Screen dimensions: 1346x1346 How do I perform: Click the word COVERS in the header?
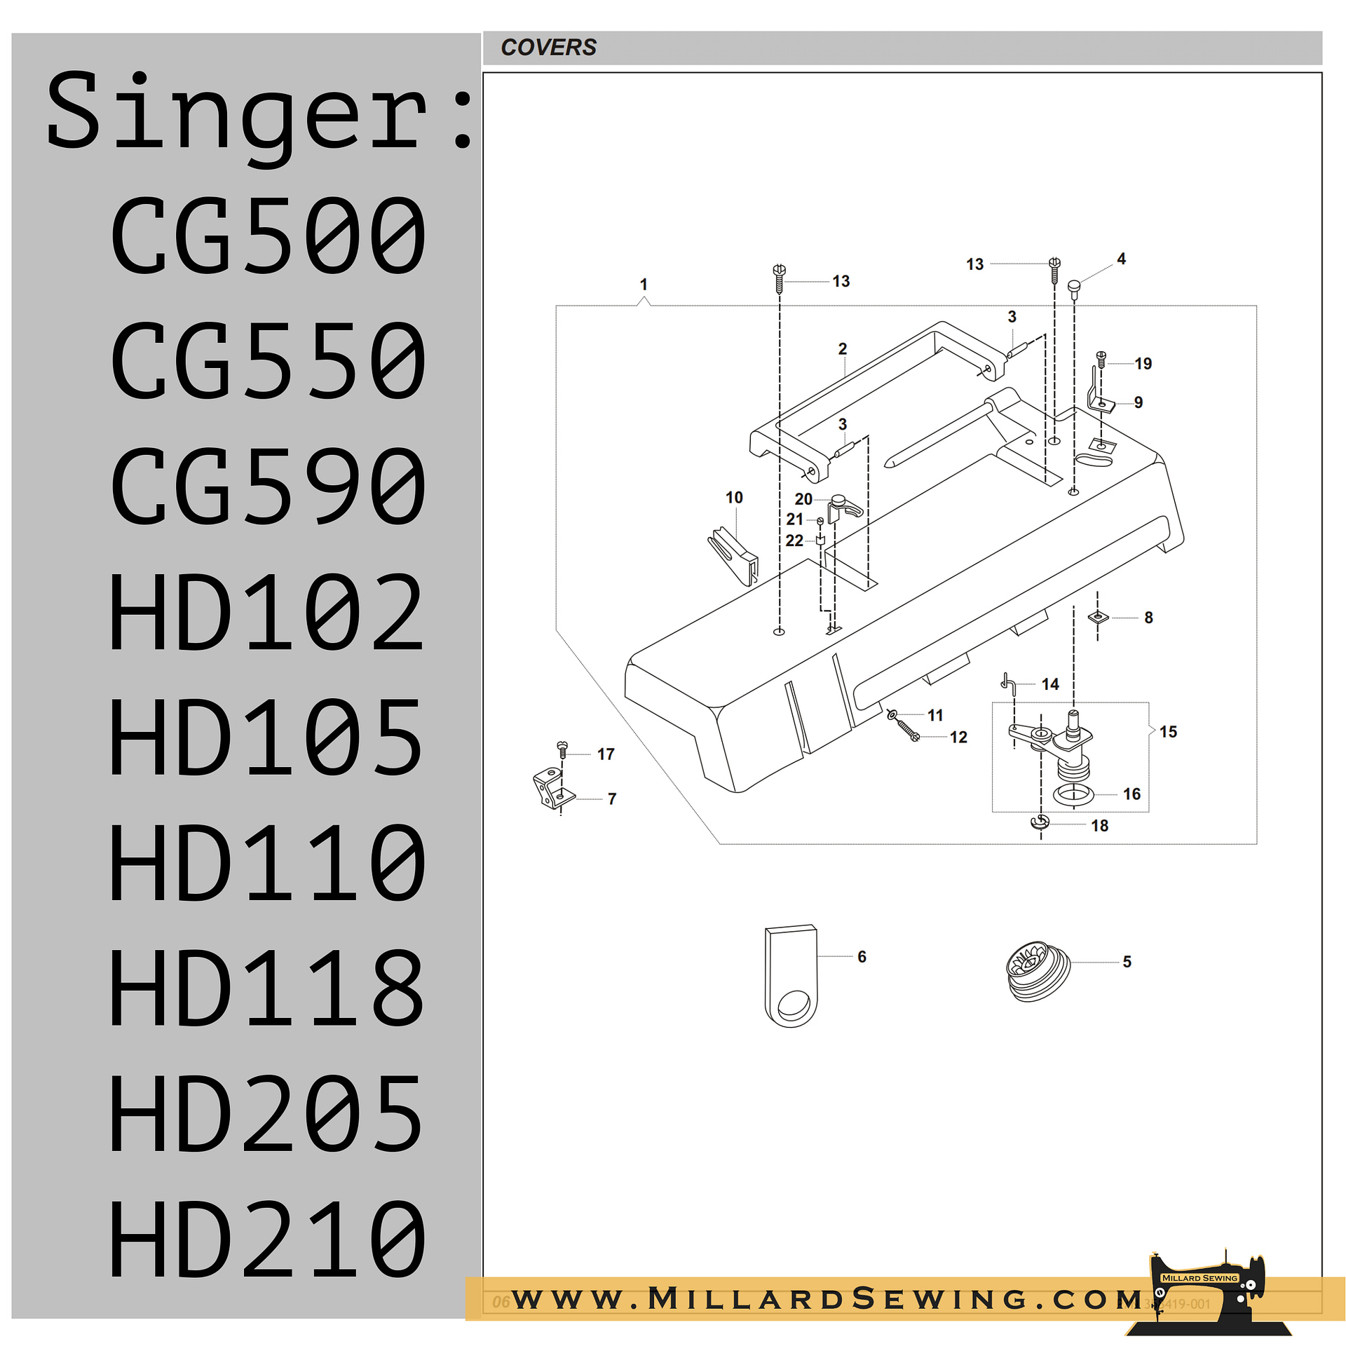[548, 48]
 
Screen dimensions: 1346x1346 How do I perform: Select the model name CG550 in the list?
[268, 360]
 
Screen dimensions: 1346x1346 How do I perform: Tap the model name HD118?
[267, 988]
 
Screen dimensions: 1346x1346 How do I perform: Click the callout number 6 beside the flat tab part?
[862, 957]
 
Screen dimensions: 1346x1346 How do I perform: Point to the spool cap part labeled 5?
[1037, 971]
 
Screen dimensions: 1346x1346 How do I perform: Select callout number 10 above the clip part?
[733, 498]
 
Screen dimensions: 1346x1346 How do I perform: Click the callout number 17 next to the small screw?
[606, 754]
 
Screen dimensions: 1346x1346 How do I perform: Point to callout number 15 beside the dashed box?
[1168, 732]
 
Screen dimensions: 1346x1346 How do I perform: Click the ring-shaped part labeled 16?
[1073, 795]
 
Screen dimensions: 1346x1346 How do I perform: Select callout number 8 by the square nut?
[1148, 618]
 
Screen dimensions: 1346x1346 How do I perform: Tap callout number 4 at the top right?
[1121, 259]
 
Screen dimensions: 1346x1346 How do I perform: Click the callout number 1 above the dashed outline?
[644, 285]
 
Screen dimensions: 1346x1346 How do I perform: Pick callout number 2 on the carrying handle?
[843, 349]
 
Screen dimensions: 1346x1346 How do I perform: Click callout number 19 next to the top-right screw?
[1143, 364]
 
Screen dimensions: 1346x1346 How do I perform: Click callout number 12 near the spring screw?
[958, 737]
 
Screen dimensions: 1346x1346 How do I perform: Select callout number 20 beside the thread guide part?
[803, 499]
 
